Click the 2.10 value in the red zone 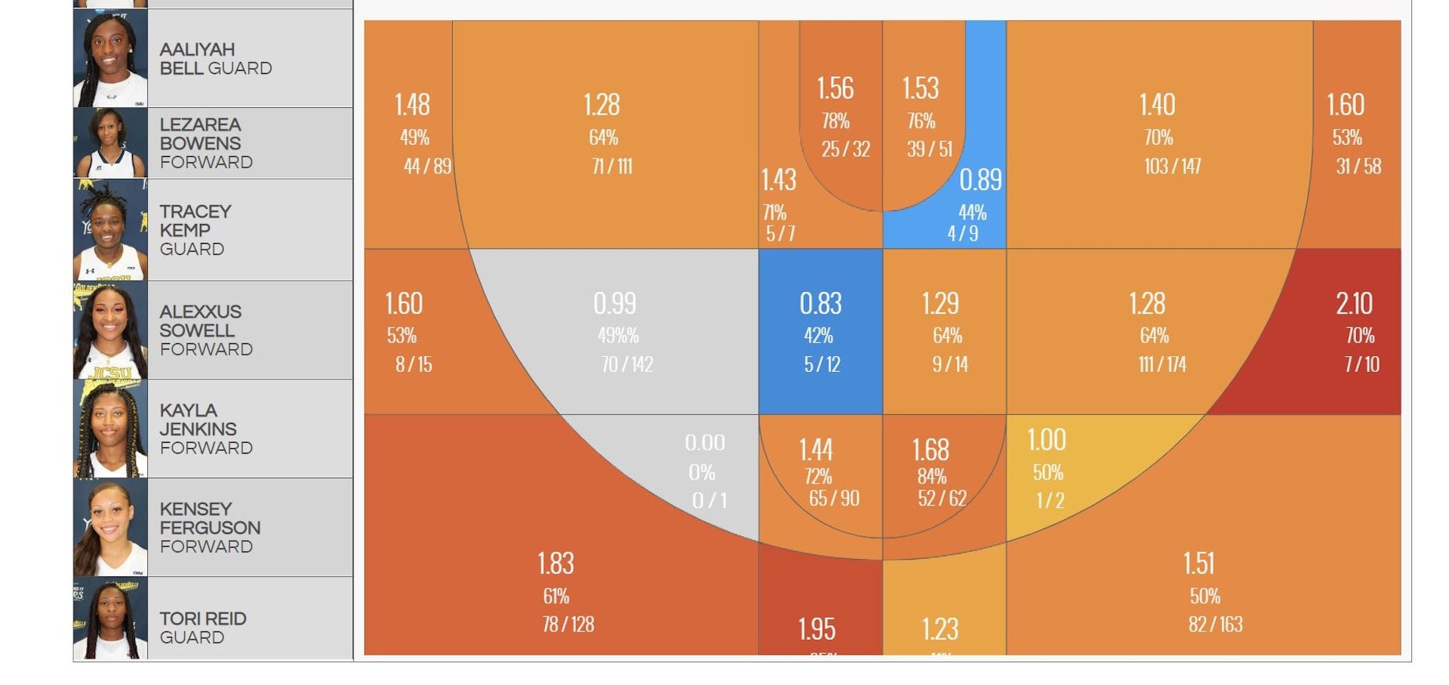point(1354,304)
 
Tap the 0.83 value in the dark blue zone point(820,304)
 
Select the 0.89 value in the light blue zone point(980,180)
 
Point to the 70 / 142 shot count point(627,364)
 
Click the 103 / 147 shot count point(1172,166)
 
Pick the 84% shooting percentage point(931,477)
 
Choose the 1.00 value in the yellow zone point(1047,440)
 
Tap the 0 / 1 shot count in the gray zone point(709,500)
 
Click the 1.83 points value point(555,564)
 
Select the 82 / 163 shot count point(1215,624)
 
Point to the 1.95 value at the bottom point(817,629)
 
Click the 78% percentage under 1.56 point(835,121)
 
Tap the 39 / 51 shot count point(929,149)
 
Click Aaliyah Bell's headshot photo point(110,58)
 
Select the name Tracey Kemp point(195,220)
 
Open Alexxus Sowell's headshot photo point(110,330)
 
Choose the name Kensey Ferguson point(210,518)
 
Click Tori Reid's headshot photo point(110,619)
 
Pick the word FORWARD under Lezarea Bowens point(206,162)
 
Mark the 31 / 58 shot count point(1358,166)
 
